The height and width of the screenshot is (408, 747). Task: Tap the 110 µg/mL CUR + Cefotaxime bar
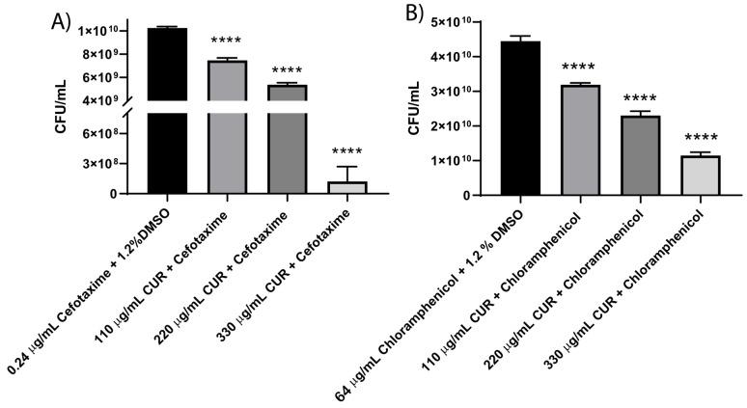[221, 125]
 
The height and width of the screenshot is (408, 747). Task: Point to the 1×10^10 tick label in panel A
[104, 31]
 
